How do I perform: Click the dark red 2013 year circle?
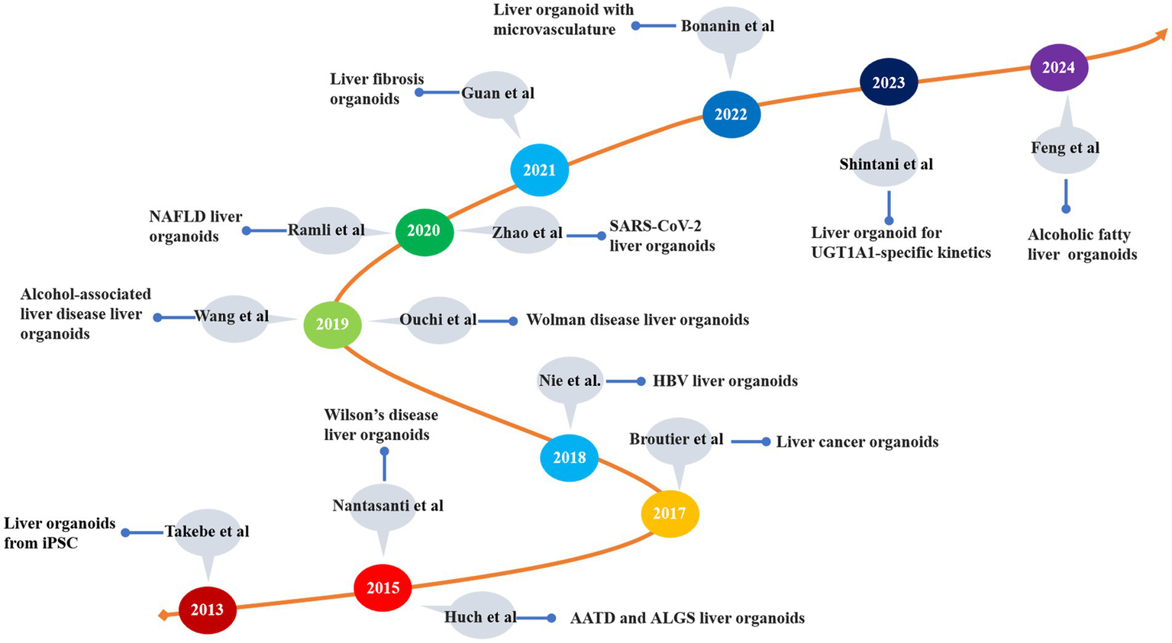207,610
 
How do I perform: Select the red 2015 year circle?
383,588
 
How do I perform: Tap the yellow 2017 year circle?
670,513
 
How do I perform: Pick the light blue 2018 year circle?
569,458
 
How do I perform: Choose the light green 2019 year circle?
332,324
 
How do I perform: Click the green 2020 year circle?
424,231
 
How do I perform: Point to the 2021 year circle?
539,170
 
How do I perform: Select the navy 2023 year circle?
888,83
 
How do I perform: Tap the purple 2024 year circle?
1058,68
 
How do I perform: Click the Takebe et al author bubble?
207,532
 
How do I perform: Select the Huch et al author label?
479,617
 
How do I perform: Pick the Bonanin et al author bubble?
728,27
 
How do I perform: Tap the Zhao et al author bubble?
527,233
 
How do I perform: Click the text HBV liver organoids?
725,381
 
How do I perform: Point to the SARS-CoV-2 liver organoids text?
661,236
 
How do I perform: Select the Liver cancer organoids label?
857,442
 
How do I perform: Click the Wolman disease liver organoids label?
638,320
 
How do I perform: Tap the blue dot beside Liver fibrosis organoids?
418,92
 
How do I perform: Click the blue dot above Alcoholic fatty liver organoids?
1066,208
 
